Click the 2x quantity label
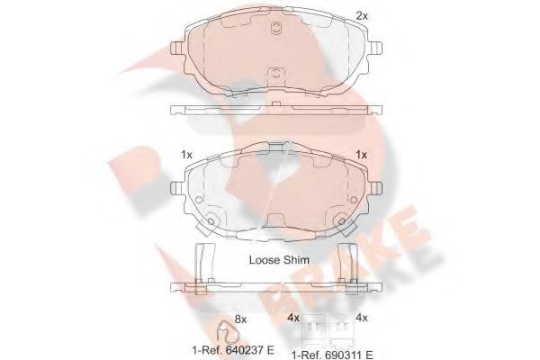pyautogui.click(x=362, y=16)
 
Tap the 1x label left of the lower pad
pyautogui.click(x=186, y=155)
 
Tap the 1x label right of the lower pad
pyautogui.click(x=361, y=155)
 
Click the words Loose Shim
pyautogui.click(x=279, y=260)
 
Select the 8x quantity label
pyautogui.click(x=240, y=319)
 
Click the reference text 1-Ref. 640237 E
pyautogui.click(x=233, y=350)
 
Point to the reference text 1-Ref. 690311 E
pyautogui.click(x=332, y=355)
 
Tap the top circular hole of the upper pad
pyautogui.click(x=276, y=28)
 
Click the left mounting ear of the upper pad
pyautogui.click(x=177, y=48)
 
